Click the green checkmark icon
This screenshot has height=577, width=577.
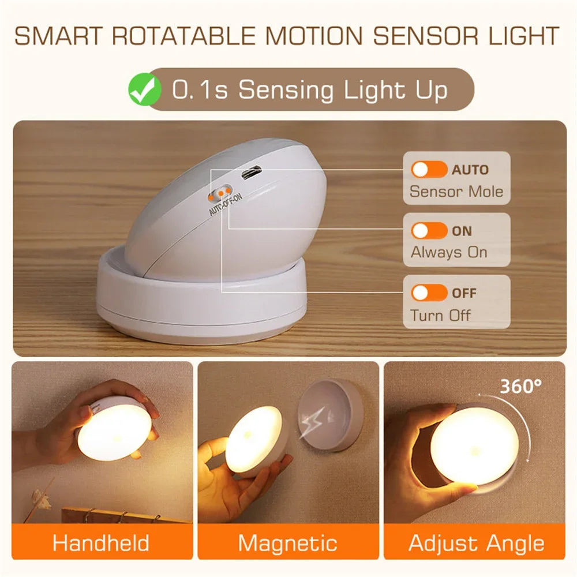click(145, 90)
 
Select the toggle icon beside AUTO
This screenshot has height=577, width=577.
click(429, 170)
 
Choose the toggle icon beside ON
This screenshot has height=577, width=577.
click(429, 231)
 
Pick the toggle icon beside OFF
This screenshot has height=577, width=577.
click(429, 293)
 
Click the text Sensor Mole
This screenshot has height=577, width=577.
click(456, 192)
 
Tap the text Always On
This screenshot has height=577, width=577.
click(449, 252)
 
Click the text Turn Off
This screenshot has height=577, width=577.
click(440, 315)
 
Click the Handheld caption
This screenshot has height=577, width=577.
click(101, 543)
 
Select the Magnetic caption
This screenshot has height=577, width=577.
click(288, 543)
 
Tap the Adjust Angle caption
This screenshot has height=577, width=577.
click(476, 543)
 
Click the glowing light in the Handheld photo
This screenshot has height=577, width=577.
click(114, 431)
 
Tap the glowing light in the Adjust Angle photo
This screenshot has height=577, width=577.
click(474, 445)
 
